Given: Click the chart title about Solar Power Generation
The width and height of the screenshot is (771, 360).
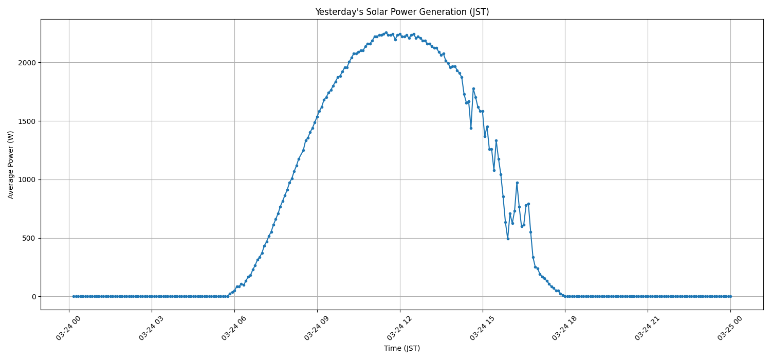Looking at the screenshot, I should coord(402,12).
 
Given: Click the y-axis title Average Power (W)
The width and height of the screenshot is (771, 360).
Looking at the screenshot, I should coord(11,165).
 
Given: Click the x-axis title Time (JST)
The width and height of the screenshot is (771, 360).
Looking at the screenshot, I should coord(402,348).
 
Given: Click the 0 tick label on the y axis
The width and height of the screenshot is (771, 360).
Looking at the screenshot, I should coord(34,297).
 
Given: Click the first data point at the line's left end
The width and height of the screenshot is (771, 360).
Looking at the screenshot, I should coord(74,296).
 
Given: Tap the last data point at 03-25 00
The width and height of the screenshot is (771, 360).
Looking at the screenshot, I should coord(730,296).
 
